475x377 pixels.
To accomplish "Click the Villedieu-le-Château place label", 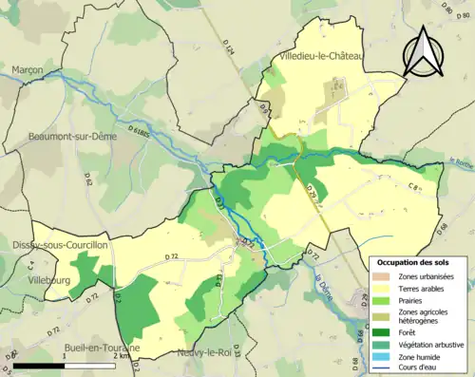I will [x=321, y=58].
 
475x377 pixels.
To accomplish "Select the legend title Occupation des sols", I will [x=413, y=262].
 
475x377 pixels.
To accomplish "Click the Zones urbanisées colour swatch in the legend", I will [x=382, y=276].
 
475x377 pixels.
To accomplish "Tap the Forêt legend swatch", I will [x=382, y=332].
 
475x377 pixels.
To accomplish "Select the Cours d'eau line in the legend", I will [x=382, y=366].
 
